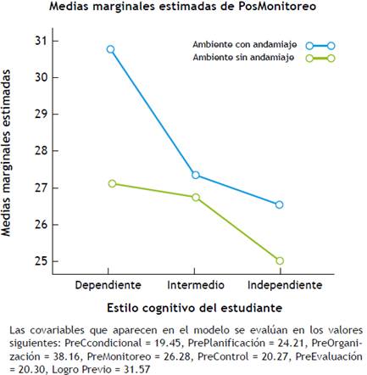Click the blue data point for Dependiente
point(111,49)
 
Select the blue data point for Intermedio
point(196,175)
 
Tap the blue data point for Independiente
point(280,204)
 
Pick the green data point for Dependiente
point(111,183)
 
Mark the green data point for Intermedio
point(196,197)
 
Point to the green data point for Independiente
point(280,260)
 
